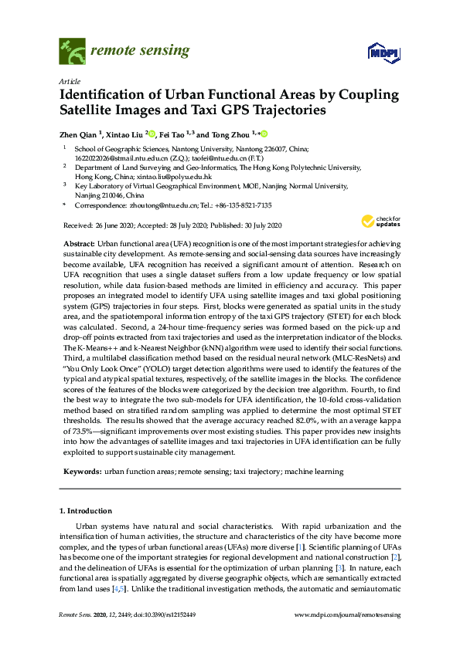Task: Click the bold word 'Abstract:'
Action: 80,243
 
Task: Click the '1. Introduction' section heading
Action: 86,511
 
